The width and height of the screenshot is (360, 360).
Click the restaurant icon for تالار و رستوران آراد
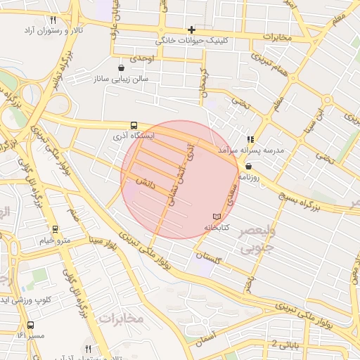(x=53, y=20)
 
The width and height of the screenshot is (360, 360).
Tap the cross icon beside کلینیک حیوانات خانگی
(x=191, y=30)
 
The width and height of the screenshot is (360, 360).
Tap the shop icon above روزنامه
(x=249, y=166)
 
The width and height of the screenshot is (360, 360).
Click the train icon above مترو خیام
(x=55, y=229)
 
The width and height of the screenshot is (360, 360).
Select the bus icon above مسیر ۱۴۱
(x=30, y=326)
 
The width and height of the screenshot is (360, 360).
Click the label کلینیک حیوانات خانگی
(x=226, y=41)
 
